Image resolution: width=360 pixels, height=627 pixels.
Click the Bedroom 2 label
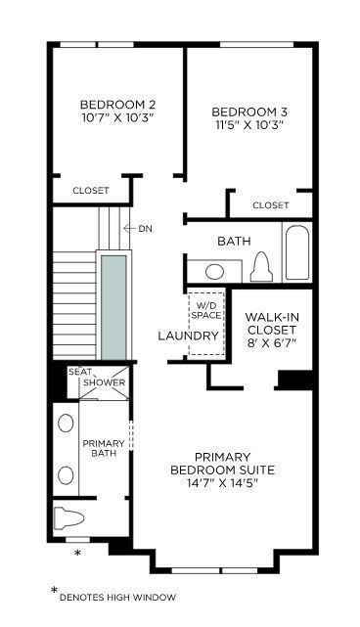pyautogui.click(x=117, y=105)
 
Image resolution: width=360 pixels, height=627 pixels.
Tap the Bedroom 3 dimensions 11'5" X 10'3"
pyautogui.click(x=248, y=124)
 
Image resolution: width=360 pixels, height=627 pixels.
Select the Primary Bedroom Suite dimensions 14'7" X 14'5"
pyautogui.click(x=222, y=482)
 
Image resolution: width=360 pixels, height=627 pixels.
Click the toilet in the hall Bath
pyautogui.click(x=261, y=267)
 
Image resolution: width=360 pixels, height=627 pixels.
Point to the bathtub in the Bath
pyautogui.click(x=297, y=252)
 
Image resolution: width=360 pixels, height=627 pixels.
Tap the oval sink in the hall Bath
pyautogui.click(x=215, y=272)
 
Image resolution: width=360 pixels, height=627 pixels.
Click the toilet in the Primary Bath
pyautogui.click(x=68, y=518)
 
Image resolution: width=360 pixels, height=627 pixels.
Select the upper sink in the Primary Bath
pyautogui.click(x=66, y=424)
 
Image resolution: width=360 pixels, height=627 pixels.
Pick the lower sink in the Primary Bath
pyautogui.click(x=66, y=475)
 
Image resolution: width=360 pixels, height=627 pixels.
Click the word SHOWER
pyautogui.click(x=105, y=382)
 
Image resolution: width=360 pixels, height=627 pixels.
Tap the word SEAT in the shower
pyautogui.click(x=80, y=372)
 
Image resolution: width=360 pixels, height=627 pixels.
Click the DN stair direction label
pyautogui.click(x=145, y=229)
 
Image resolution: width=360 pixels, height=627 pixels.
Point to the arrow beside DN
pyautogui.click(x=129, y=229)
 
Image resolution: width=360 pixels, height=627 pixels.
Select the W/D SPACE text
pyautogui.click(x=206, y=310)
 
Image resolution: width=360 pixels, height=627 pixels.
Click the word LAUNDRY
pyautogui.click(x=188, y=336)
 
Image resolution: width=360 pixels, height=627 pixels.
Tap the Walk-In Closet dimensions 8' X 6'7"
pyautogui.click(x=272, y=342)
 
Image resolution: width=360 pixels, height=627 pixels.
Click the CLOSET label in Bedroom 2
pyautogui.click(x=91, y=191)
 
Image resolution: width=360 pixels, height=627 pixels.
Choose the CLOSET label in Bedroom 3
pyautogui.click(x=271, y=205)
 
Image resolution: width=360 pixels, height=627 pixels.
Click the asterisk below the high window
pyautogui.click(x=78, y=553)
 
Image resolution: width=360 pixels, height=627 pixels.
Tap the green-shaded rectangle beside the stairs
pyautogui.click(x=114, y=307)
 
